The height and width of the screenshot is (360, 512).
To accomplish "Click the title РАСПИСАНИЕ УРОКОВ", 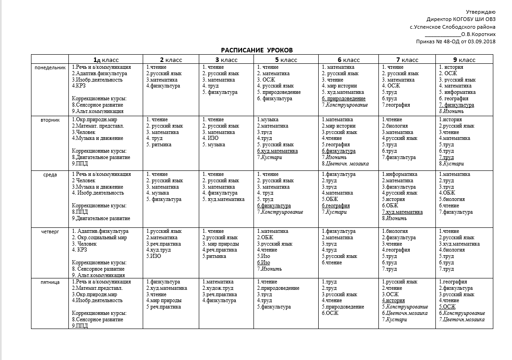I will click(257, 50).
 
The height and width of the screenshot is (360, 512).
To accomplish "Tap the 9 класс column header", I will click(464, 60).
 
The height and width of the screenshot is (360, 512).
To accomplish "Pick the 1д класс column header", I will click(106, 60).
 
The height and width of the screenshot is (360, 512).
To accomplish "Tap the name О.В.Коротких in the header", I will click(478, 34).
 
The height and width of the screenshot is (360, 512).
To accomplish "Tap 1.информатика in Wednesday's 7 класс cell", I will click(399, 174).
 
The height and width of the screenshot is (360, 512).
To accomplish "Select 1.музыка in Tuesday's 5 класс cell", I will click(268, 119).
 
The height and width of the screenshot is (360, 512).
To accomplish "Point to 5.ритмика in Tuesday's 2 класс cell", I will click(159, 145).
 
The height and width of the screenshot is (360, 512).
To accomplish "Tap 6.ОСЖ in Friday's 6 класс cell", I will click(330, 313).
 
